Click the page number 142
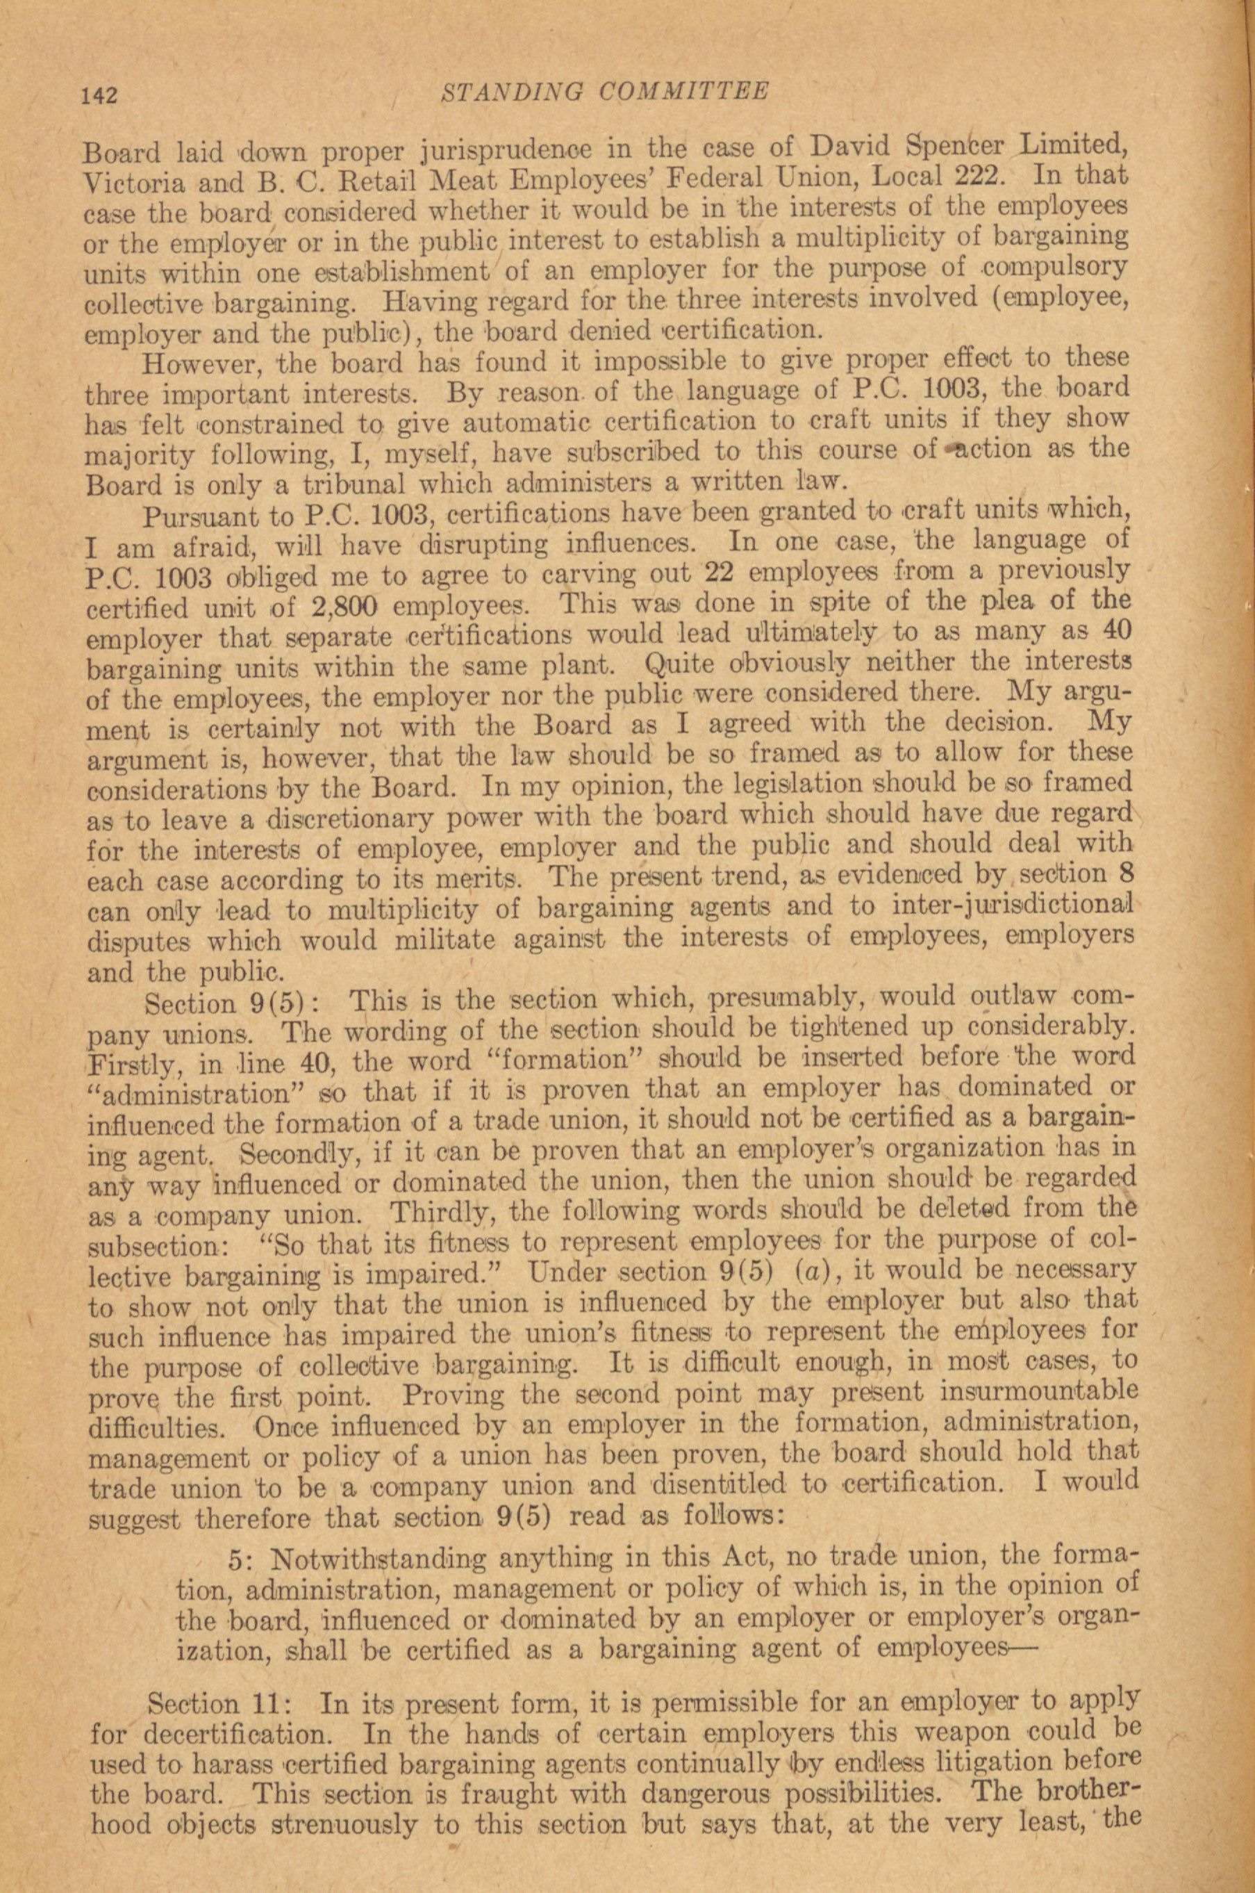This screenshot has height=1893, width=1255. click(x=99, y=96)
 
